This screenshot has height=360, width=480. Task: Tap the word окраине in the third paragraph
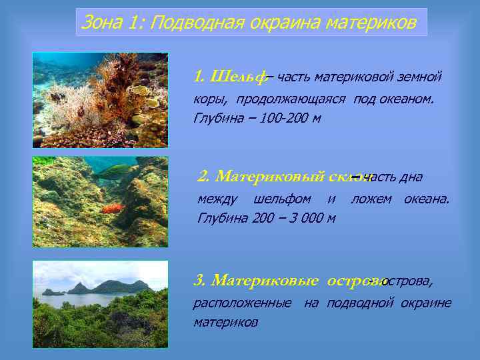tap(426, 303)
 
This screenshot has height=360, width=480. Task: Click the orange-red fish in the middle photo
tap(113, 208)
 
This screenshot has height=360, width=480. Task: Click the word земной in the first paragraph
tap(420, 77)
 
